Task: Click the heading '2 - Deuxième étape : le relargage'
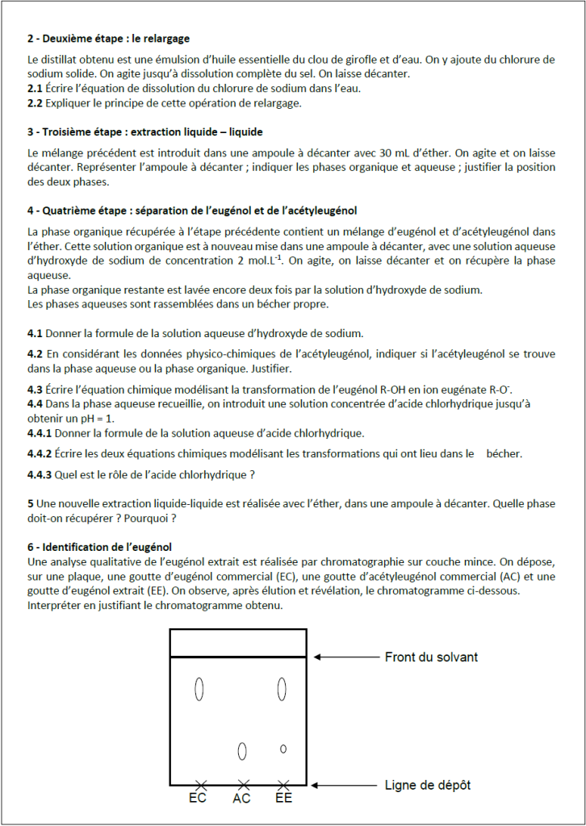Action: (x=109, y=38)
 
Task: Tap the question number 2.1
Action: (x=35, y=88)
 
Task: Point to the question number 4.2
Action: (x=35, y=354)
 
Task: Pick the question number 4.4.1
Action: (x=40, y=433)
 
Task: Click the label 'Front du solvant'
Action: (x=431, y=657)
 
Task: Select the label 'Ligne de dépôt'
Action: (x=428, y=785)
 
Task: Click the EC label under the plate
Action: (x=198, y=799)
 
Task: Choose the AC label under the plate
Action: (x=241, y=799)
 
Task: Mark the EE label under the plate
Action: (x=283, y=799)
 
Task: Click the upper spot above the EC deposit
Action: (x=199, y=690)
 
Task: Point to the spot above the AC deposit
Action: (x=242, y=751)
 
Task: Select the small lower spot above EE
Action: (x=283, y=749)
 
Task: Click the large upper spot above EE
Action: (x=282, y=689)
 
